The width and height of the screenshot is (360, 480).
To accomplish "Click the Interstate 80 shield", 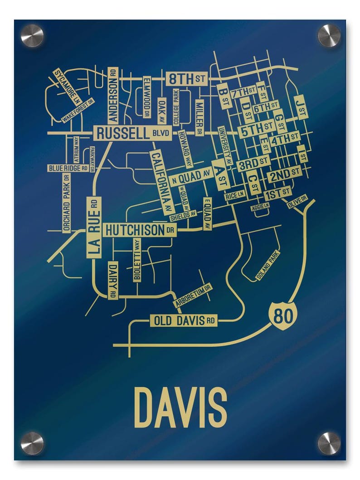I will point(282,315).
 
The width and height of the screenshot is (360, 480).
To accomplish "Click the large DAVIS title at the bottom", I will point(180,407).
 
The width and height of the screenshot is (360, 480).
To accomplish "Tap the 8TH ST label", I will point(186,79).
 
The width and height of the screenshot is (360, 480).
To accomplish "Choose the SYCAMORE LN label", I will point(66,86).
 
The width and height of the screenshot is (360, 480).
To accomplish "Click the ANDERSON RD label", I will point(113,96).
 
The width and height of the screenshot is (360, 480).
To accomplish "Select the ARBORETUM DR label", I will point(193,295).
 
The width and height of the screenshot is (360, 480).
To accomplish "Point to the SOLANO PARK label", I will point(268,266).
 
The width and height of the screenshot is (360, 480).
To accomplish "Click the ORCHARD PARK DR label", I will point(67,203).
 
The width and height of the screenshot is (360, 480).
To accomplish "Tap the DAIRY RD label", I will point(113,280).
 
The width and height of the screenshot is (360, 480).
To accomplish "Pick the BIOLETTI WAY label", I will point(137,260).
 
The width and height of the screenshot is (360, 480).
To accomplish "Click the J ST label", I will point(301,107).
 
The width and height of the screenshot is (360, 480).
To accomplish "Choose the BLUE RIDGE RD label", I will point(68,168).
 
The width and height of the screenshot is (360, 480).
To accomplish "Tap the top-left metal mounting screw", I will point(32,35).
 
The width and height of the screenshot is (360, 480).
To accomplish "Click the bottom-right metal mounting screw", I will point(329,443).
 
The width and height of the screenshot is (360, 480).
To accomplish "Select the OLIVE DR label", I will point(297,202).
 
